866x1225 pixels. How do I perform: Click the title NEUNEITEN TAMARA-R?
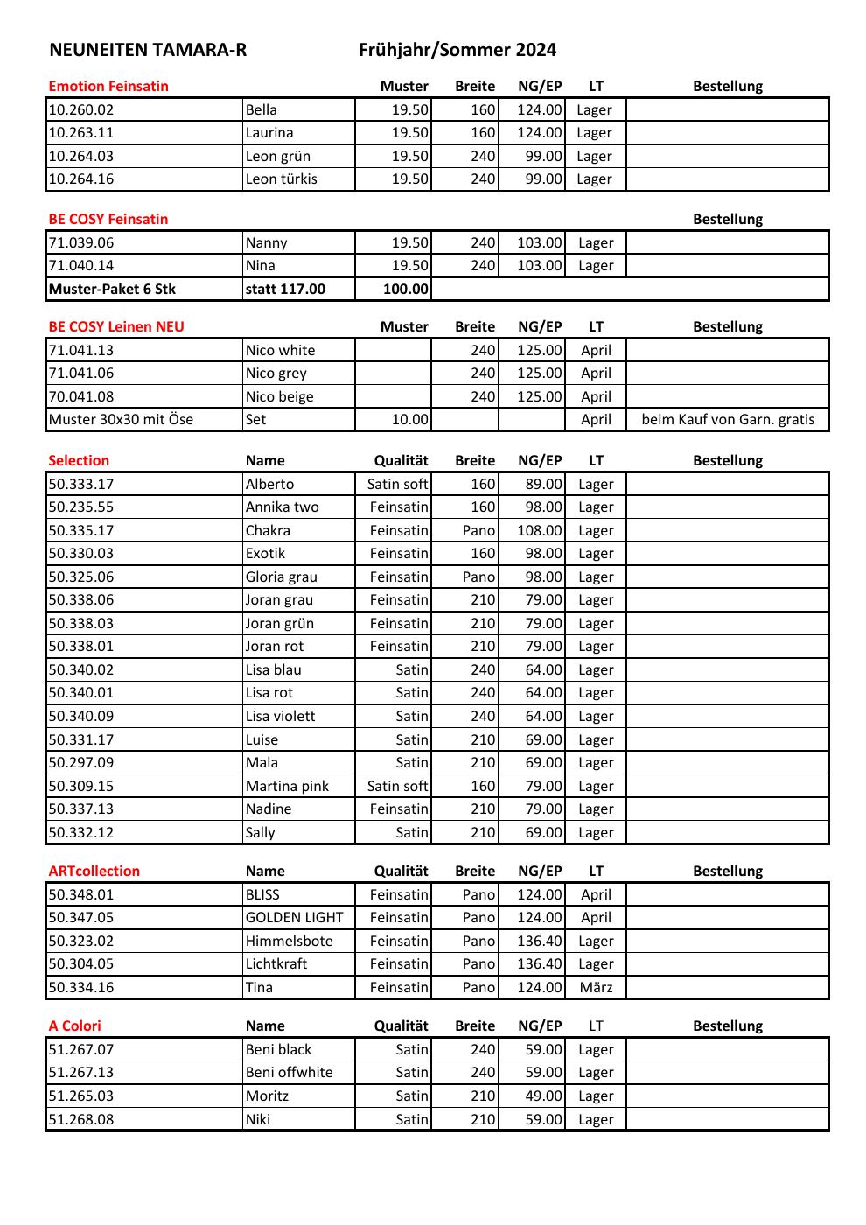pyautogui.click(x=148, y=50)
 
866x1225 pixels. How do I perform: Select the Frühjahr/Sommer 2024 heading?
pyautogui.click(x=457, y=50)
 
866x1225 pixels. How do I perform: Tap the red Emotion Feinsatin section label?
pyautogui.click(x=108, y=86)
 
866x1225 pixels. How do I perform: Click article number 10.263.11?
pyautogui.click(x=81, y=133)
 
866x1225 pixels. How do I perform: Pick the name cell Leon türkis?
pyautogui.click(x=281, y=179)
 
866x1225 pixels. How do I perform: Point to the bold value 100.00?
pyautogui.click(x=406, y=290)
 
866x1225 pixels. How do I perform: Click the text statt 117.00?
pyautogui.click(x=285, y=290)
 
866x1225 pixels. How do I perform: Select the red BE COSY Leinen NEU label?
pyautogui.click(x=116, y=326)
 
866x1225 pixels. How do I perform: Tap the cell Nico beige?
pyautogui.click(x=279, y=396)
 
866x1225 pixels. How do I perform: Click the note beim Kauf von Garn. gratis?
pyautogui.click(x=728, y=419)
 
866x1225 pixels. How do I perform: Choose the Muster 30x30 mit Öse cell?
pyautogui.click(x=121, y=419)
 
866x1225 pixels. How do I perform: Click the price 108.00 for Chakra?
pyautogui.click(x=540, y=530)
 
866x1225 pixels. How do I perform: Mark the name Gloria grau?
pyautogui.click(x=281, y=577)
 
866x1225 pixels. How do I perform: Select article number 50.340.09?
pyautogui.click(x=81, y=716)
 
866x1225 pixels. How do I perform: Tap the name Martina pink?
pyautogui.click(x=287, y=786)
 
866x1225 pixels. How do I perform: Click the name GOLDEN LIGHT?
pyautogui.click(x=294, y=918)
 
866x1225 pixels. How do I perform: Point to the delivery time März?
pyautogui.click(x=596, y=987)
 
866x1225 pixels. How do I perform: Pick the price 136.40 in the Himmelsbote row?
pyautogui.click(x=540, y=941)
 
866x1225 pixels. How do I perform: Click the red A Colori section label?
pyautogui.click(x=75, y=1025)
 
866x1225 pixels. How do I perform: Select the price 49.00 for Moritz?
pyautogui.click(x=543, y=1095)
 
